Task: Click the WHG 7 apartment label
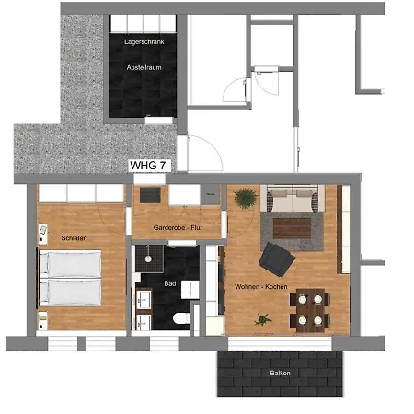tap(148, 166)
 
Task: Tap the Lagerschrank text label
tap(144, 42)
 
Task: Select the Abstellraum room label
tap(144, 67)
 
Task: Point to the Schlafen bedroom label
tap(74, 238)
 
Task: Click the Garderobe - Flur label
tap(178, 227)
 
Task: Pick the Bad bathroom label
tap(170, 283)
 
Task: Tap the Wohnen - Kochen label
tap(261, 287)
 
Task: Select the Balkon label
tap(280, 373)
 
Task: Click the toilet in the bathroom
tap(182, 318)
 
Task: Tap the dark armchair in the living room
tap(277, 259)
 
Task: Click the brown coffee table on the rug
tap(292, 228)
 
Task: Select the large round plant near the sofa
tap(246, 198)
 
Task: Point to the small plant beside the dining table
tap(262, 319)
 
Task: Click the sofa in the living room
tap(293, 198)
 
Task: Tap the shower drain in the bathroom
tap(148, 259)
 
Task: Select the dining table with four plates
tap(310, 310)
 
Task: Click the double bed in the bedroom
tap(70, 278)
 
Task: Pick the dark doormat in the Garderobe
tap(150, 195)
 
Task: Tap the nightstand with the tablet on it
tap(42, 234)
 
